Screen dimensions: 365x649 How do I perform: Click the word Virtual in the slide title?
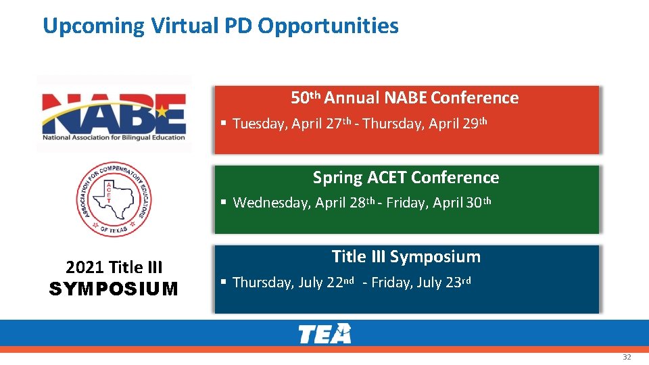181,26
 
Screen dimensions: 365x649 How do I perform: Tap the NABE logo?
114,114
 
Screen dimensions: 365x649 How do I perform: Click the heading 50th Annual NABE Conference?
405,98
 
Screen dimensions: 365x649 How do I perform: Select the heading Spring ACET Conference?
406,178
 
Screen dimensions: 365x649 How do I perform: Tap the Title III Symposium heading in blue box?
406,257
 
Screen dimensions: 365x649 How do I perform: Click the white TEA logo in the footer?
324,333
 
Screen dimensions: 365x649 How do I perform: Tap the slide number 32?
627,357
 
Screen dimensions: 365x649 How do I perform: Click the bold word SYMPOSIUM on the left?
114,289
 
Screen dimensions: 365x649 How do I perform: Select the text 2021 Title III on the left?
114,268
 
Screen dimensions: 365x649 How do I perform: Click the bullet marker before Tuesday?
224,124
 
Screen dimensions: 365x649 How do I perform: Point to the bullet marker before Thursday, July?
224,283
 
